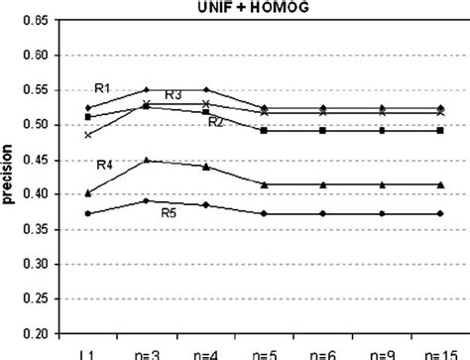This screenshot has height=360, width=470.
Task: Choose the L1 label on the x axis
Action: pos(88,353)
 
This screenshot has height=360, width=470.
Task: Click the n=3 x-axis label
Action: pos(147,353)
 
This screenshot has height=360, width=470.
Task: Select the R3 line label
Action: pos(173,95)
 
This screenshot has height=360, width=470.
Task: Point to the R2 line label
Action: pos(215,121)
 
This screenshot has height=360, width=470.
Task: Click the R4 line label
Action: pos(105,163)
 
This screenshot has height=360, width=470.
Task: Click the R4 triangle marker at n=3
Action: pos(147,160)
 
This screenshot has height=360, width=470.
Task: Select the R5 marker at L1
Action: pos(88,213)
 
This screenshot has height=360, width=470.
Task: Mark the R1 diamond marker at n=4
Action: pos(205,90)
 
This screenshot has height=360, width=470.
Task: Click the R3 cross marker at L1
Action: pos(88,135)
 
